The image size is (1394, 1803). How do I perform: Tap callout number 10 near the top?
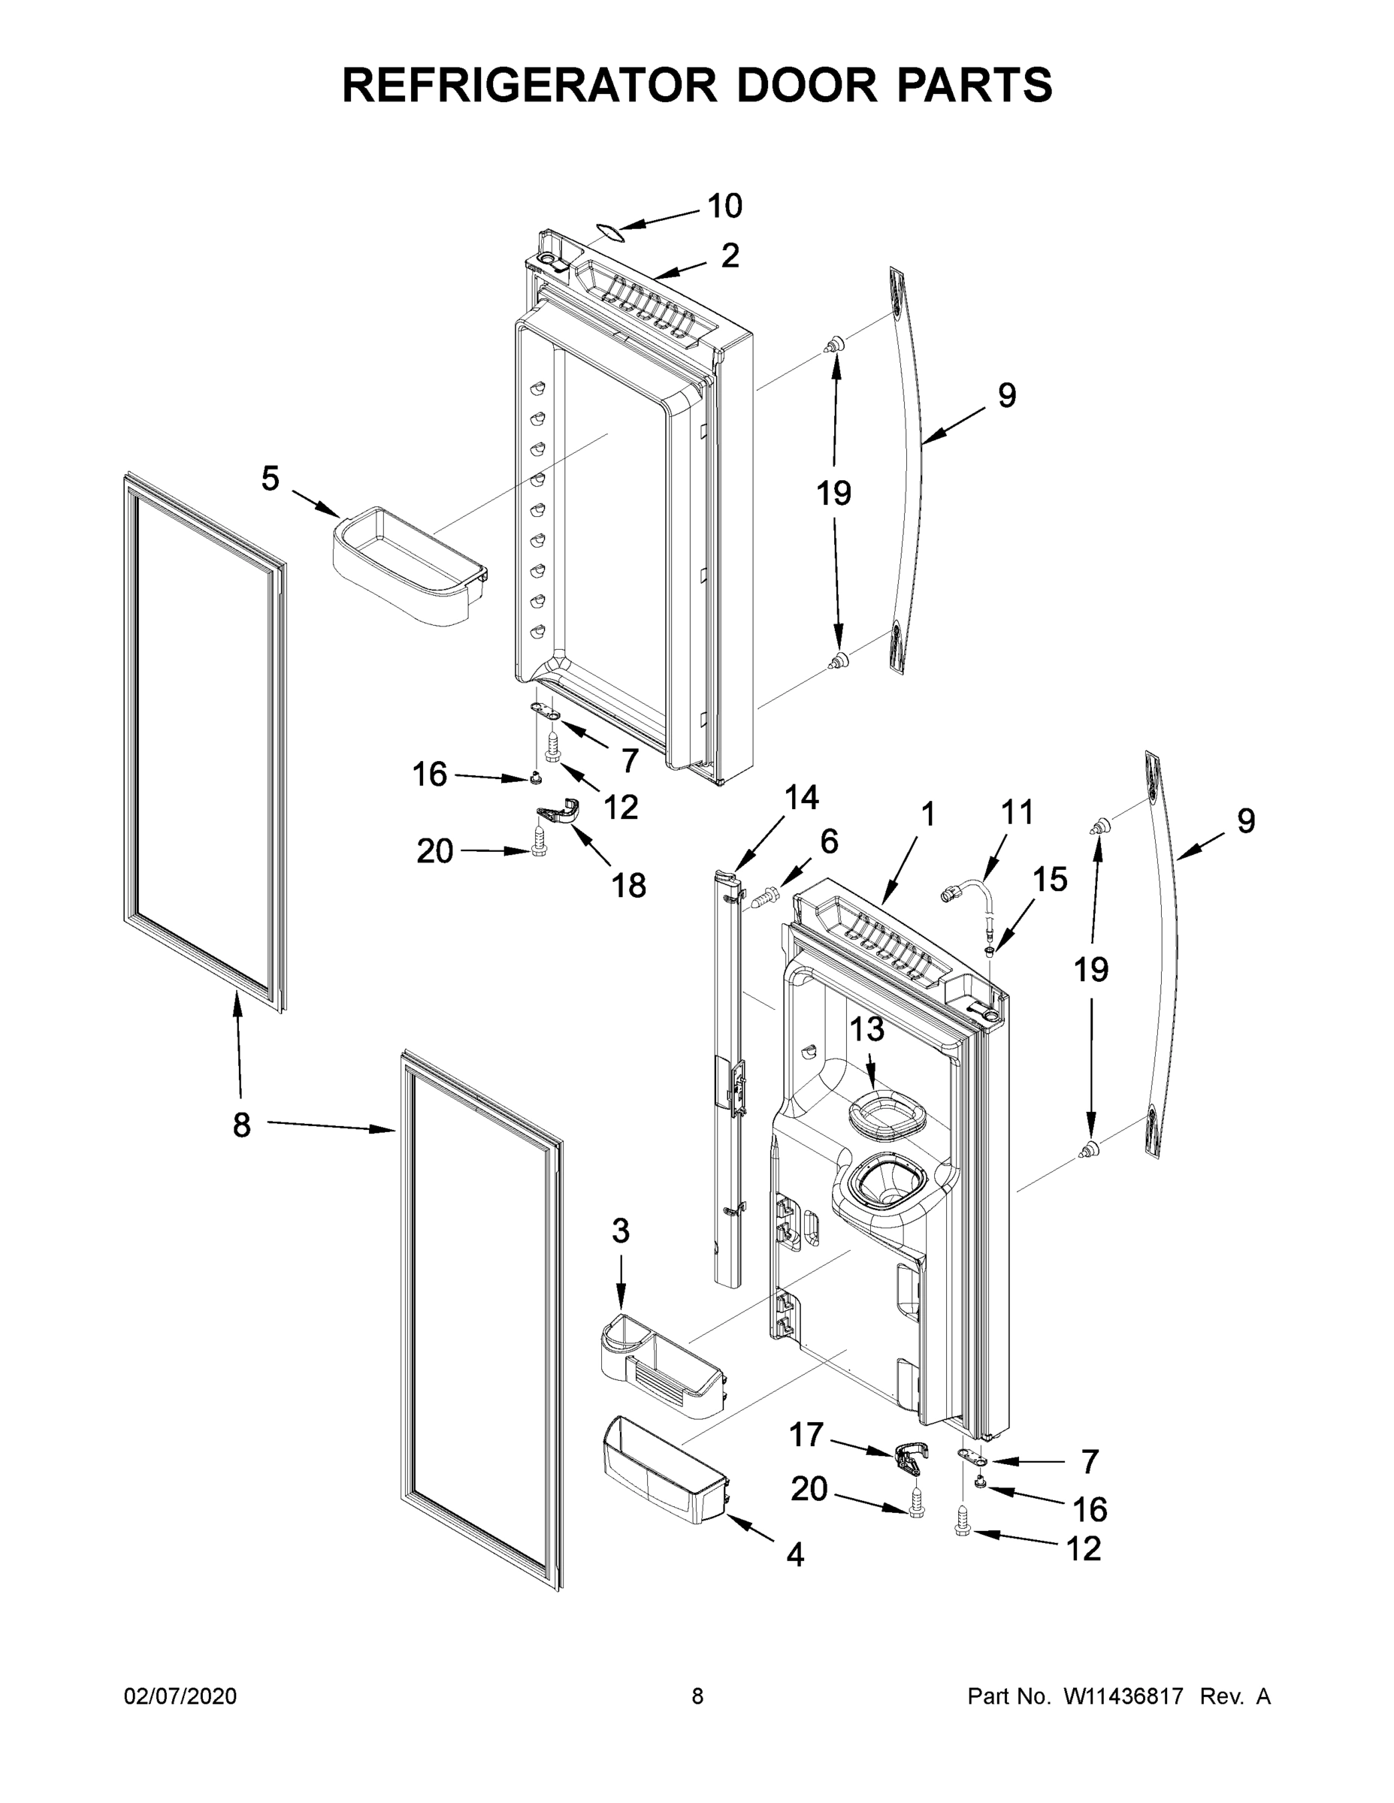[x=724, y=206]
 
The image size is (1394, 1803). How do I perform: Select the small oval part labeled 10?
[x=608, y=232]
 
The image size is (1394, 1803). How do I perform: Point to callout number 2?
[x=729, y=256]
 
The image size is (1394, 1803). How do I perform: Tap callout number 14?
[x=800, y=798]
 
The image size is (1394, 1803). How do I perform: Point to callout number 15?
[x=1050, y=879]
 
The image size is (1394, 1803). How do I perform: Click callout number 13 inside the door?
[x=866, y=1028]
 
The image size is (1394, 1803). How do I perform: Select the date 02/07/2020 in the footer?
[x=180, y=1696]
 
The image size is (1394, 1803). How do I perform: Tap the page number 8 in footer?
[x=697, y=1696]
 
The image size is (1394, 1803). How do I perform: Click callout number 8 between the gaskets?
[x=241, y=1125]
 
